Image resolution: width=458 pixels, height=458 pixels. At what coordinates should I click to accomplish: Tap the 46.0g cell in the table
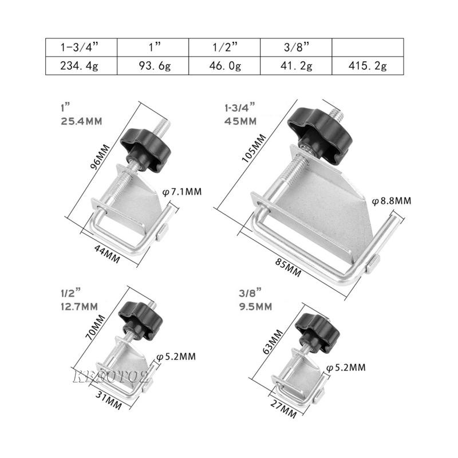tap(224, 65)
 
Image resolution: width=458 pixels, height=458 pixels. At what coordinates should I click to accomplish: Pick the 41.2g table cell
tap(296, 65)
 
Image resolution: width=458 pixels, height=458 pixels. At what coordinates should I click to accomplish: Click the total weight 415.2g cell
tap(368, 65)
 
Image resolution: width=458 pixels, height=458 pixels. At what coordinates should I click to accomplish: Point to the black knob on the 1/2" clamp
tap(136, 315)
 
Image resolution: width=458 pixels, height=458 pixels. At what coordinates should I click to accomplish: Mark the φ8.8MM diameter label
tap(392, 201)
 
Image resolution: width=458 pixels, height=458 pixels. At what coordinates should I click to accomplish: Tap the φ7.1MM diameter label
tap(181, 191)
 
